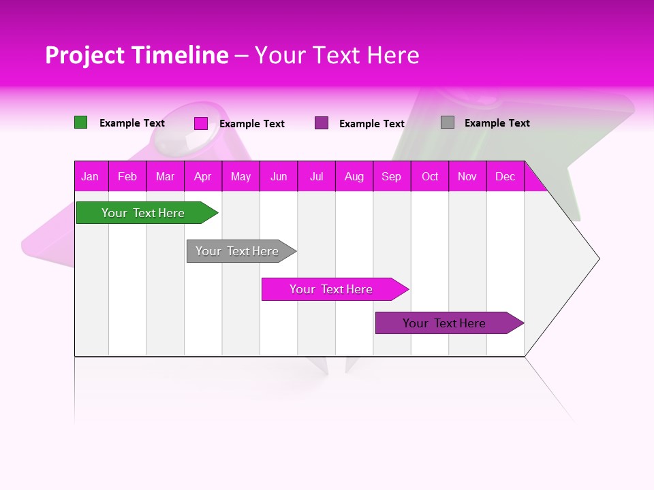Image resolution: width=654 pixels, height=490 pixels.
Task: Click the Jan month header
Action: (x=91, y=176)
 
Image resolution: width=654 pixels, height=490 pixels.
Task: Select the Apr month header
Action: (x=203, y=176)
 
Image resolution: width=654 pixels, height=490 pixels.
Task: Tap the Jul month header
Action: (x=316, y=176)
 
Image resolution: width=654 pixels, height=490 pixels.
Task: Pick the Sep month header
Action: (x=392, y=176)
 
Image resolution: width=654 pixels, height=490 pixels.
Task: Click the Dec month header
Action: (x=505, y=176)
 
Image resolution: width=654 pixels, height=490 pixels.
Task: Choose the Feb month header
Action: (x=127, y=176)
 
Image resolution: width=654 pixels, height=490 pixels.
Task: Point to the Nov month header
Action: (x=467, y=176)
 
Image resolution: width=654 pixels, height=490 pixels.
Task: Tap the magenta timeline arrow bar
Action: (x=332, y=289)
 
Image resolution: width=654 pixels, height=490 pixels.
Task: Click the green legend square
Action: (x=80, y=122)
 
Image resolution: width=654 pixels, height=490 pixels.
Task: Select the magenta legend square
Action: (x=201, y=123)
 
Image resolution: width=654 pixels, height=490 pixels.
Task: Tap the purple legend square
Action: (x=322, y=123)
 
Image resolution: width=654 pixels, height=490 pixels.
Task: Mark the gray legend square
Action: (x=448, y=122)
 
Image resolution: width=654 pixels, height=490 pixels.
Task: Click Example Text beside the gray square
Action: (x=497, y=123)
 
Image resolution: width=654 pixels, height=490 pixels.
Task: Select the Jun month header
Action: (x=279, y=176)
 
